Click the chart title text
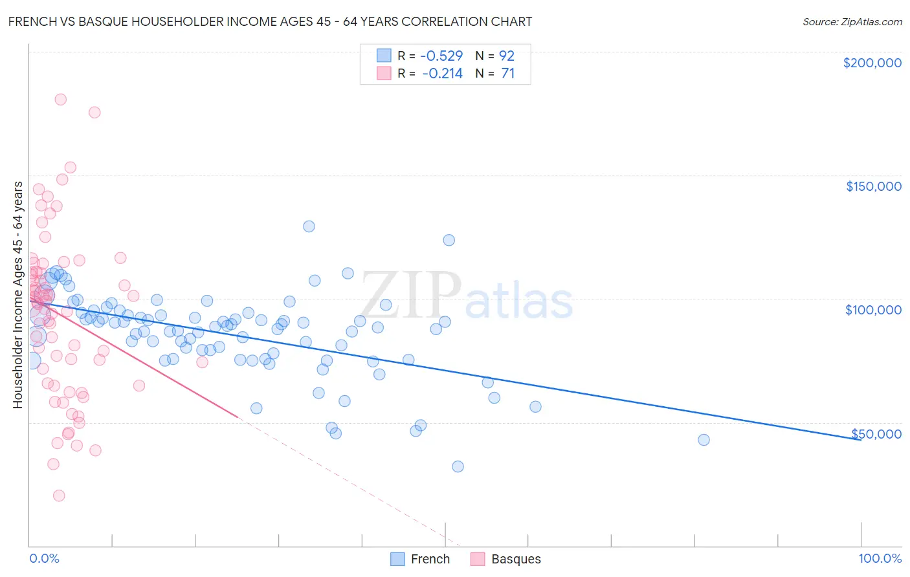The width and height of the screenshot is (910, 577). (x=270, y=21)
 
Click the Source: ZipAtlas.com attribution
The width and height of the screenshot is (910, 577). (x=852, y=21)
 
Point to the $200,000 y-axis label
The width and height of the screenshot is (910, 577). (x=872, y=63)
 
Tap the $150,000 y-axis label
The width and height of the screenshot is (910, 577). (x=873, y=186)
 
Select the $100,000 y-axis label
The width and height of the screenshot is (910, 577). (x=873, y=310)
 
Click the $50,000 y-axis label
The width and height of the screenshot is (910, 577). (x=876, y=433)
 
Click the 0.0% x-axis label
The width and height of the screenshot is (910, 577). (x=44, y=558)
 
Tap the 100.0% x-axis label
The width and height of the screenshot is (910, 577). (x=880, y=558)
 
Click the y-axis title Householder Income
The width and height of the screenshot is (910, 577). (x=17, y=295)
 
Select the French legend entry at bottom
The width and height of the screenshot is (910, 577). (x=430, y=559)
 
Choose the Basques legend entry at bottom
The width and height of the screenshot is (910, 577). (x=515, y=559)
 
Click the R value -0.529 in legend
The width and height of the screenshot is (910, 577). (x=441, y=56)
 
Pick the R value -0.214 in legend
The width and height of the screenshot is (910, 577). (x=442, y=74)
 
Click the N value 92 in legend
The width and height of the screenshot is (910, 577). (x=506, y=56)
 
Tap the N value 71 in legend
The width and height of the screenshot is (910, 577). (x=507, y=74)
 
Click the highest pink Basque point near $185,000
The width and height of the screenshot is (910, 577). (x=60, y=100)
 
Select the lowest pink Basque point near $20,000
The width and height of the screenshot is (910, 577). (x=59, y=495)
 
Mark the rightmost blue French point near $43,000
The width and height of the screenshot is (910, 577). (x=704, y=440)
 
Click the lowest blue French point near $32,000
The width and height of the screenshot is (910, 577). (x=458, y=466)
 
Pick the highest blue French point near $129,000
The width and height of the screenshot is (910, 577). (x=309, y=226)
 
